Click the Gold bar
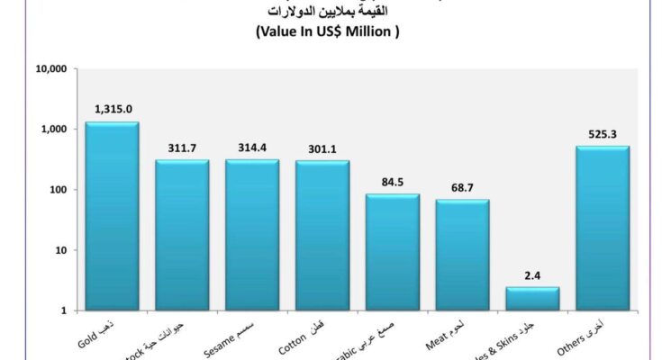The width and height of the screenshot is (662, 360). [x=112, y=216]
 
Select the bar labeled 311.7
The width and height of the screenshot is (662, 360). [x=182, y=235]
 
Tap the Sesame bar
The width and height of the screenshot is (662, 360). [x=252, y=235]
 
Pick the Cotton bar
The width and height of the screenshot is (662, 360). [x=322, y=236]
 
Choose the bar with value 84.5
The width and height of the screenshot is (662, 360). [x=393, y=252]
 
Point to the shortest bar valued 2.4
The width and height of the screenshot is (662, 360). [x=532, y=299]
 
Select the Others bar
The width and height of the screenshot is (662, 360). [x=603, y=229]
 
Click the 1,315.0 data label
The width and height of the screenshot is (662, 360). [x=113, y=110]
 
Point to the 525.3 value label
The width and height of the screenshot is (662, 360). [x=603, y=133]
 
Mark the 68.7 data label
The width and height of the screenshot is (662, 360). [x=463, y=186]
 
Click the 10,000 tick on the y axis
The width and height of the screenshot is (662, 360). [x=53, y=69]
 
